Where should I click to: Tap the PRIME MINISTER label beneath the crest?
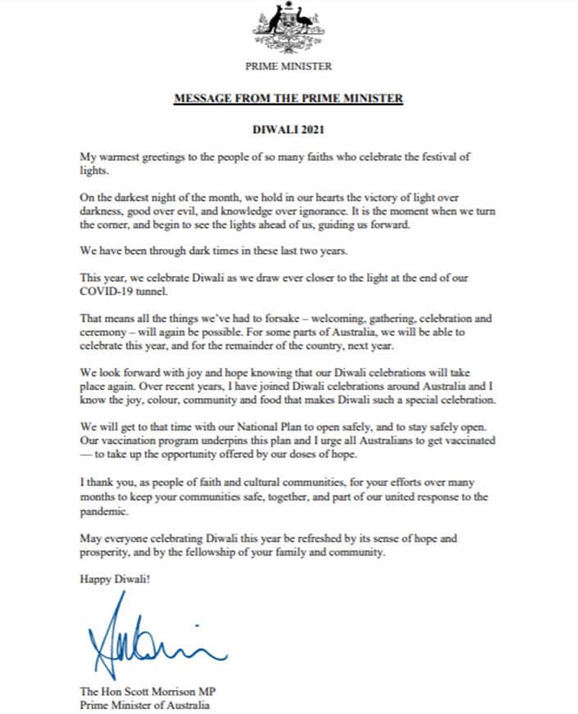click(x=288, y=67)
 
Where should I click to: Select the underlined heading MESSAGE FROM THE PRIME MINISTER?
click(x=288, y=99)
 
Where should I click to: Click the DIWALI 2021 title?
click(x=288, y=129)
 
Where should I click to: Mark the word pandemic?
click(x=104, y=511)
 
